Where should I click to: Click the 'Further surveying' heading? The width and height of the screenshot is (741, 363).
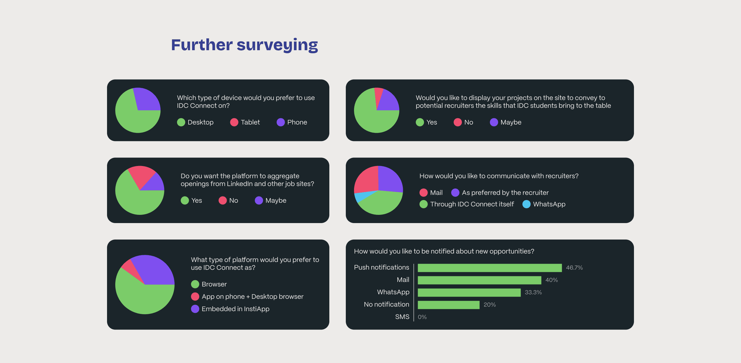(x=244, y=45)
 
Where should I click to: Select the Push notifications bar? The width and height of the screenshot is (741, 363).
(x=490, y=268)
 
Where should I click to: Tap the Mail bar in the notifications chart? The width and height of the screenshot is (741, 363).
(x=479, y=280)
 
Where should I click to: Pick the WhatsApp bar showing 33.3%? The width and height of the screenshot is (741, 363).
(x=469, y=292)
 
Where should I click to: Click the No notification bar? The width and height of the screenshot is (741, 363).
(x=448, y=305)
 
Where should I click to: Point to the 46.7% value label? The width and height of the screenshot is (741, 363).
(x=574, y=268)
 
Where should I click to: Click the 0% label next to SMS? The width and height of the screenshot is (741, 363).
(x=422, y=317)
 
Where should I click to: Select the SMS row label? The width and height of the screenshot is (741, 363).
(x=402, y=317)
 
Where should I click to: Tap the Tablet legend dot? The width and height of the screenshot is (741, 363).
(x=234, y=122)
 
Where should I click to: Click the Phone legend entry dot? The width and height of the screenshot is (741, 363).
(x=280, y=122)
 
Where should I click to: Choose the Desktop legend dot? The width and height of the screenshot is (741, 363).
(x=181, y=122)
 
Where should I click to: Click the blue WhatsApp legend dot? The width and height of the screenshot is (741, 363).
(x=526, y=204)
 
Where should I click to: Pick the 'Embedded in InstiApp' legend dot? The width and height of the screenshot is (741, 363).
(x=195, y=309)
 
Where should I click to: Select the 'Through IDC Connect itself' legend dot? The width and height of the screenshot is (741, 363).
(x=423, y=204)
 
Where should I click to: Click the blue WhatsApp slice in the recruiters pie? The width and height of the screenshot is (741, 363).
(x=360, y=197)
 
